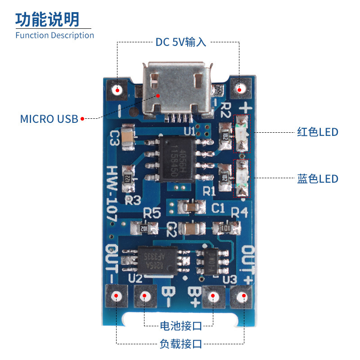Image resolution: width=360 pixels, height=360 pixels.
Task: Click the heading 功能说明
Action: click(47, 19)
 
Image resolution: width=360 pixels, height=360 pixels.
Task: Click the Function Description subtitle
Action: click(54, 35)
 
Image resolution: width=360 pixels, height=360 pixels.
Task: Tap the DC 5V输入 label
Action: click(180, 42)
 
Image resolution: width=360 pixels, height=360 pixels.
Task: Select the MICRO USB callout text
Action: click(49, 119)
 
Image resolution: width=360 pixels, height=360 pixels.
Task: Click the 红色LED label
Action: click(317, 132)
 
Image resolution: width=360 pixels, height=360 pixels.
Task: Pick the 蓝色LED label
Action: click(317, 178)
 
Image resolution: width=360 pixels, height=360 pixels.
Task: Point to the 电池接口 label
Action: click(180, 325)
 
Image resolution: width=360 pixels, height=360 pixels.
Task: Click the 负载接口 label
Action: click(180, 344)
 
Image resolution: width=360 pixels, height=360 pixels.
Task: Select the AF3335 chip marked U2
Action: click(157, 261)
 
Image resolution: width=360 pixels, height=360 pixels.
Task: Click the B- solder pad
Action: click(145, 297)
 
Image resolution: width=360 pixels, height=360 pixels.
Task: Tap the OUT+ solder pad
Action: click(244, 297)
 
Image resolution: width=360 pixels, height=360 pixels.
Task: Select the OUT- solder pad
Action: click(117, 297)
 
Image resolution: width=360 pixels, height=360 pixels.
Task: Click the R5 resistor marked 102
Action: click(140, 228)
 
